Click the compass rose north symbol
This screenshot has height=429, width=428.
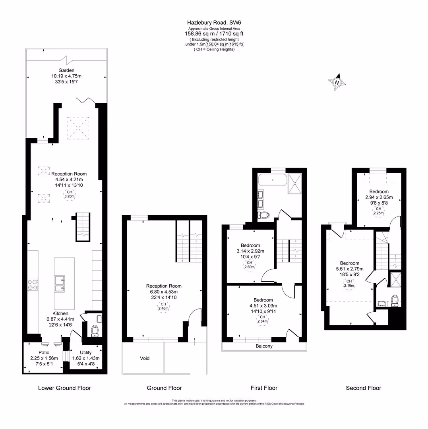337,82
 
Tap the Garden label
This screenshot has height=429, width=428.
66,70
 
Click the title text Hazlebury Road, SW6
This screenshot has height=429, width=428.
214,23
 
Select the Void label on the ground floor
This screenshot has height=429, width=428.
145,358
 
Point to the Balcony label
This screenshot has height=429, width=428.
264,346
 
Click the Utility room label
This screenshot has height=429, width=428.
86,353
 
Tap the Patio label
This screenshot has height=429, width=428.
44,353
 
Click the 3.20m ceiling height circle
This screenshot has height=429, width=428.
70,194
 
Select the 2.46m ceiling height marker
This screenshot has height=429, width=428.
163,306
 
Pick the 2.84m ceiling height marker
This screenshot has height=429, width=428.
262,319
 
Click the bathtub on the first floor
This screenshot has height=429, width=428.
273,180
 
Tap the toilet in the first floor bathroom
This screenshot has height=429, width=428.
263,215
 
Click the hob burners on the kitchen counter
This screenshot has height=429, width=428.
33,284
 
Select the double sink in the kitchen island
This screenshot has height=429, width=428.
60,284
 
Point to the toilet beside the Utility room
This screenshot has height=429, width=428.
95,331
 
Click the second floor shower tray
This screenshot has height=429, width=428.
395,280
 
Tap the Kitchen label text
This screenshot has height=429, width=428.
60,313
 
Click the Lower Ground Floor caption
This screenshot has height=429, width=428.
64,388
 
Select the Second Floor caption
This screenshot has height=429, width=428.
363,388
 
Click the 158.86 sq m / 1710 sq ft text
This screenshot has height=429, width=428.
214,34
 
